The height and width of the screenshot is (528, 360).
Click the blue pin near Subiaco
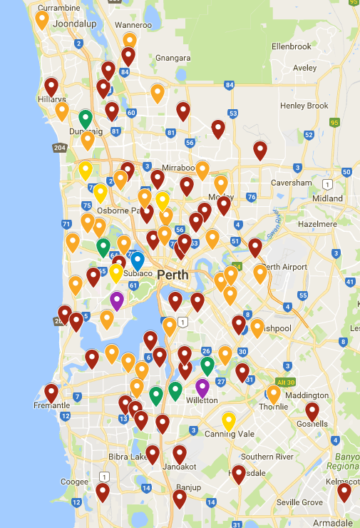(138, 261)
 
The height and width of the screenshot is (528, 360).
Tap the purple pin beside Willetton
(202, 388)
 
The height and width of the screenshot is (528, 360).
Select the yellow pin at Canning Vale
(229, 421)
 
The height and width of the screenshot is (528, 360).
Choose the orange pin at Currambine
(42, 20)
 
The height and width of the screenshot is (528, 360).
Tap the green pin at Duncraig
(86, 118)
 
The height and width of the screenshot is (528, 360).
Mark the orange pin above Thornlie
(274, 393)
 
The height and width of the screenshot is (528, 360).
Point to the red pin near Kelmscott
(344, 492)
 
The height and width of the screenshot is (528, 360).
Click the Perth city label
(173, 275)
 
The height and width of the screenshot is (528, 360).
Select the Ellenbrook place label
(292, 46)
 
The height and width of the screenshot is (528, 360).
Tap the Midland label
(327, 198)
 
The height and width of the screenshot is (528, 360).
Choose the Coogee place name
(75, 481)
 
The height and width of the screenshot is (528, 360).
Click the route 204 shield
(59, 148)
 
